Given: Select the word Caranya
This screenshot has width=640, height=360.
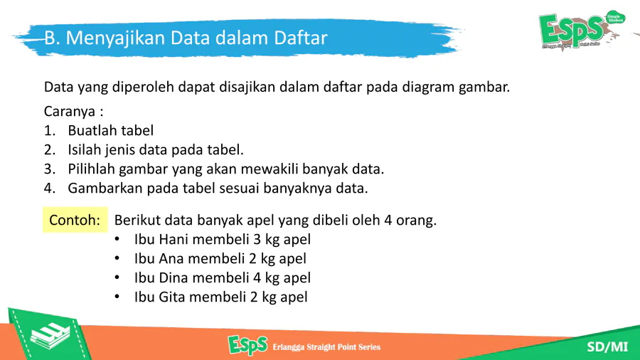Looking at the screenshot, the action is [x=70, y=112].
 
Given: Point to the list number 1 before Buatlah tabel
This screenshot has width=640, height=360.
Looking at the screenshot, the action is [x=49, y=131].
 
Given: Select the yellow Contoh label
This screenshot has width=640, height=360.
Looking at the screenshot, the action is [x=75, y=220].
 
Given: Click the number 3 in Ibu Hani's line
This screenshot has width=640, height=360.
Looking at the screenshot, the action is [x=257, y=239].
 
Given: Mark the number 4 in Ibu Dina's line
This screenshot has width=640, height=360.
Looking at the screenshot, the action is [x=257, y=277].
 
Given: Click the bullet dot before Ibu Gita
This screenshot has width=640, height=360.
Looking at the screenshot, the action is [x=117, y=297].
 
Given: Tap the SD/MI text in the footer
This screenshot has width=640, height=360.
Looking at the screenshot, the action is [x=607, y=347].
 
